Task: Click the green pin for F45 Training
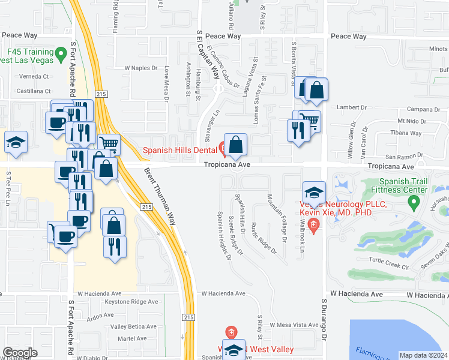pyautogui.click(x=61, y=55)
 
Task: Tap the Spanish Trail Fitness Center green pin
pyautogui.click(x=413, y=204)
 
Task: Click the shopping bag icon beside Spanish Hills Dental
pyautogui.click(x=237, y=145)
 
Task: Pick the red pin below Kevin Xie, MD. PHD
pyautogui.click(x=312, y=226)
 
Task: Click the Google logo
pyautogui.click(x=20, y=352)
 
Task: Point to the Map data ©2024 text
pyautogui.click(x=423, y=355)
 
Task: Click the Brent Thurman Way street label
pyautogui.click(x=160, y=196)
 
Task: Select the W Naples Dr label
pyautogui.click(x=143, y=68)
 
